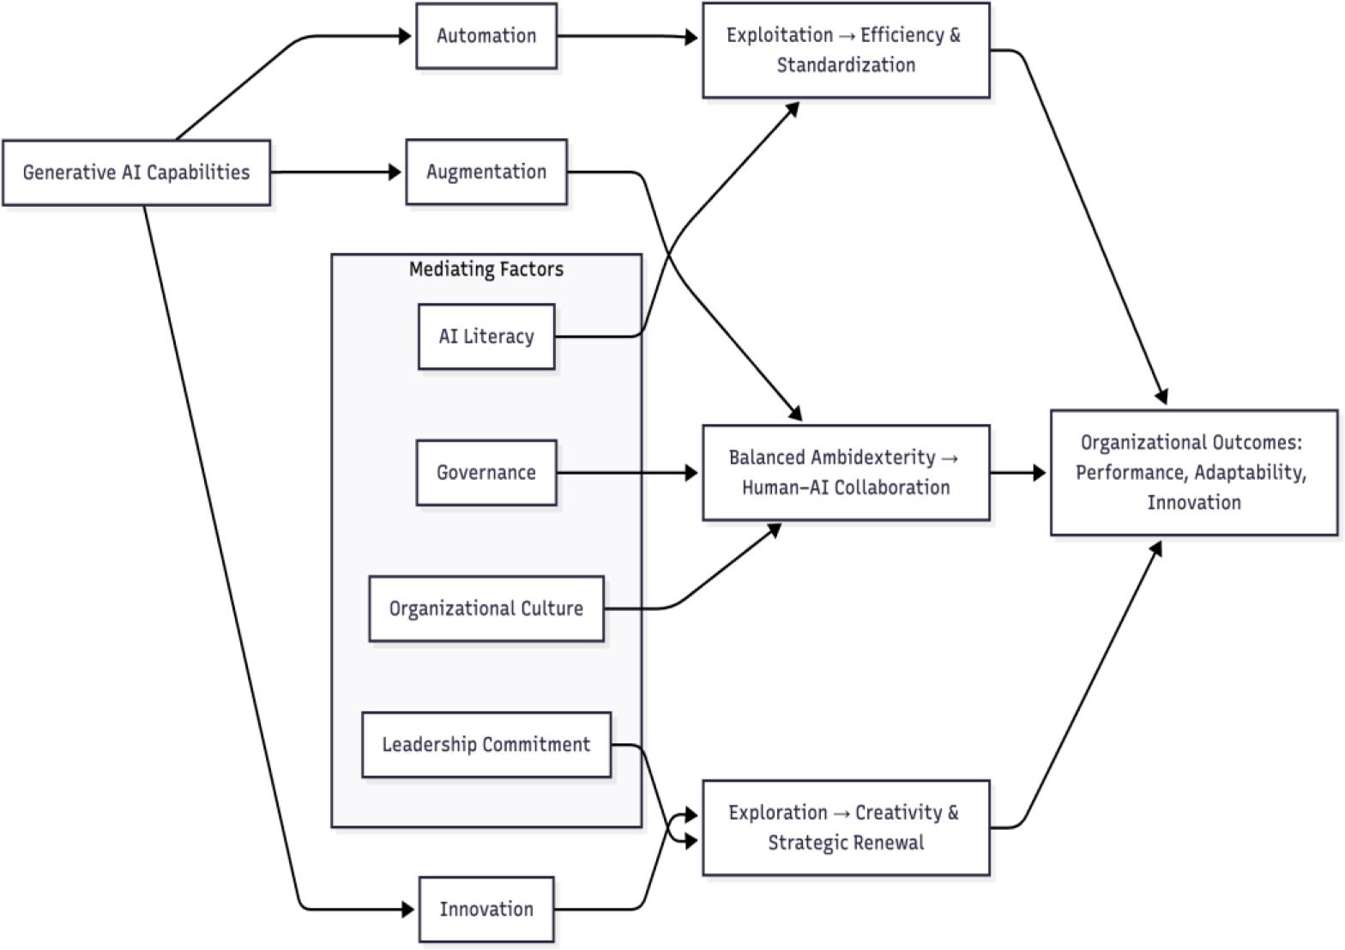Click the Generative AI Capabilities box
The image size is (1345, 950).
point(136,172)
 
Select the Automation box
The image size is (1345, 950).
point(486,36)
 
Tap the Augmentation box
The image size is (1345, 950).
point(486,172)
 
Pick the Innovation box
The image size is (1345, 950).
point(486,909)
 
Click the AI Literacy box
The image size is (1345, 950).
point(486,336)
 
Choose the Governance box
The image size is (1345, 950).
point(486,472)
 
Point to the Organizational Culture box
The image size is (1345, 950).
point(486,608)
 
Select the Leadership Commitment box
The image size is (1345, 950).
point(486,744)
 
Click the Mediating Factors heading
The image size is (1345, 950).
point(486,269)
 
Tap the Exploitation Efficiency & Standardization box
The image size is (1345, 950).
point(846,50)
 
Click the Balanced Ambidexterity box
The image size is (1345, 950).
point(846,472)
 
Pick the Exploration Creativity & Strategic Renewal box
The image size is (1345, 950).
point(846,827)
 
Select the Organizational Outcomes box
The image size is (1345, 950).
point(1194,472)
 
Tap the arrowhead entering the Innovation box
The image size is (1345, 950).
point(408,909)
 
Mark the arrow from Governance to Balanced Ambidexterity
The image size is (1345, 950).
point(626,472)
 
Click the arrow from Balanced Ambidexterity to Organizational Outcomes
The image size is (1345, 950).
point(1019,472)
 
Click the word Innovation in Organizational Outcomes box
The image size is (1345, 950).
point(1194,502)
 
